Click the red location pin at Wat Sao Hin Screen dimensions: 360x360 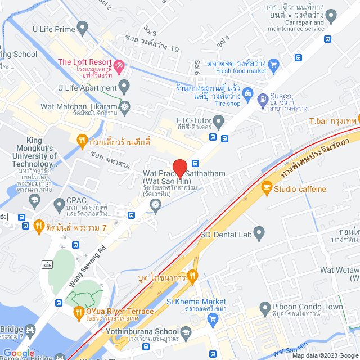click(179, 168)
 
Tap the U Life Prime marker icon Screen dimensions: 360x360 click(83, 26)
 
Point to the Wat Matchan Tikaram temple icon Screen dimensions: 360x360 click(124, 106)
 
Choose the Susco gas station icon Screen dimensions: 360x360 click(262, 101)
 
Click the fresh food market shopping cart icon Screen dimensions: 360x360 click(273, 65)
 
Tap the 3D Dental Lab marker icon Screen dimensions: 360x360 click(259, 231)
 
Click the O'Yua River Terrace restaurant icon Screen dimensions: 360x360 click(79, 311)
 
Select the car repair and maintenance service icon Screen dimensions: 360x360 click(331, 15)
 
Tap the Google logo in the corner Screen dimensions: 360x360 click(19, 353)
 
